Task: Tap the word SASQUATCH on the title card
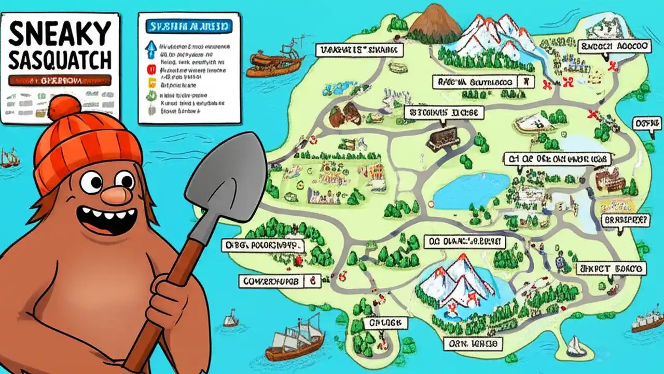pos(60,61)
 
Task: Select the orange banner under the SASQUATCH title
pos(60,81)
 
